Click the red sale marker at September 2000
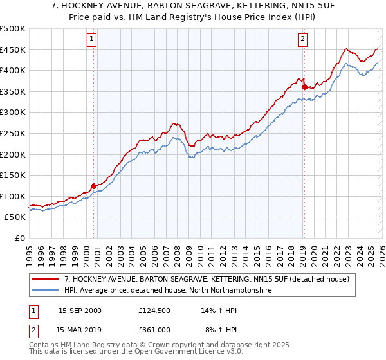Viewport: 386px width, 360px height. tap(94, 186)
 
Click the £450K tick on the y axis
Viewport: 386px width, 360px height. tap(13, 50)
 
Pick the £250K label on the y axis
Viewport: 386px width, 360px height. tap(13, 133)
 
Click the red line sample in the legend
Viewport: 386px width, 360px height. tap(46, 280)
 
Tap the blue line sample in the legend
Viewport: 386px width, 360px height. tap(46, 291)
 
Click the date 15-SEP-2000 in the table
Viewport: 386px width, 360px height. tap(80, 310)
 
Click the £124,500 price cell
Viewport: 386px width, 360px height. tap(154, 310)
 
